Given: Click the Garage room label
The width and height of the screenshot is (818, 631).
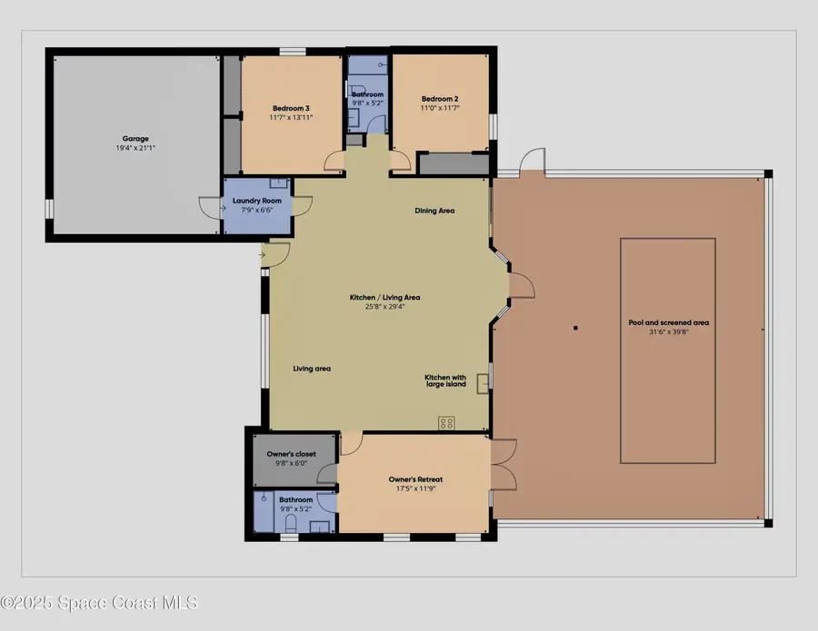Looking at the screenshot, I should coord(135,139).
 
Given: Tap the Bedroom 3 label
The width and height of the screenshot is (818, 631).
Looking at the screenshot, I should coord(291,109).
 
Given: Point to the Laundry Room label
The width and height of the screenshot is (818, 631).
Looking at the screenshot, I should coord(257,201).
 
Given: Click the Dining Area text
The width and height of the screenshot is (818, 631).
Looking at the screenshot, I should coord(434,211).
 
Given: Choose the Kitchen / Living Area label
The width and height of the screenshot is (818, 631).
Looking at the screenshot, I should coord(385,297).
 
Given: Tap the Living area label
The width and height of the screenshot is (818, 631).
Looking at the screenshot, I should coord(312,369).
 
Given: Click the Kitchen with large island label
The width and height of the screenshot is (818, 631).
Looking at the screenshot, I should coord(445,380).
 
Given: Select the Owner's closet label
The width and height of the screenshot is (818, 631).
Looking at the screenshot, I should coord(293,454).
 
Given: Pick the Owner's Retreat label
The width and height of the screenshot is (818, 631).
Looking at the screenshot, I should coord(415,479).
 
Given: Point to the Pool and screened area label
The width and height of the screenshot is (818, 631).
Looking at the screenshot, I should coord(668,322).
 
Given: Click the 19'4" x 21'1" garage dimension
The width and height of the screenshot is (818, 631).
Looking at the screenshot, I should coord(135,148).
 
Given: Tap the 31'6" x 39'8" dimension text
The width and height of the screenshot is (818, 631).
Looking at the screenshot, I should coord(668,331).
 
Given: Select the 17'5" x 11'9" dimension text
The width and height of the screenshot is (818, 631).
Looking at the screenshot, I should coord(415,488).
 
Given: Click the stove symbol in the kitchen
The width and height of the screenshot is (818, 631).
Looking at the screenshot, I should coord(446,422).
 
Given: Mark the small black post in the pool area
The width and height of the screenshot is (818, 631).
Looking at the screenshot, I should coord(575,328).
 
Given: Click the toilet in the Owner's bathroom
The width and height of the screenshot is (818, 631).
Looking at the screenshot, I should coord(290,524).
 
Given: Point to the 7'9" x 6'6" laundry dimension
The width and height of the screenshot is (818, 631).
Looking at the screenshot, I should coord(257,210).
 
